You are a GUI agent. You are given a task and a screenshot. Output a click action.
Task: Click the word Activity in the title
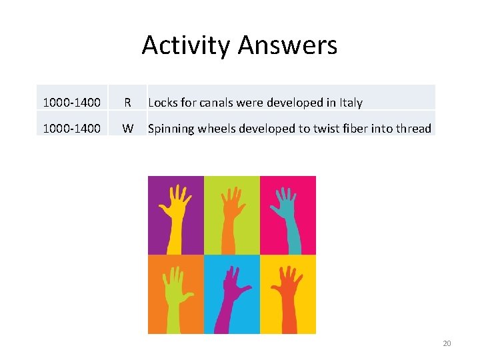coord(187,45)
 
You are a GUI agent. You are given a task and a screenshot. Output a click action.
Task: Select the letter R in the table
coord(127,103)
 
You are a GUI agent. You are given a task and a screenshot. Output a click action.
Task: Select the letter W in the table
coord(127,129)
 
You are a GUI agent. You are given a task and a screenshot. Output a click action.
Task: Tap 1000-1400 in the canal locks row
coord(71,103)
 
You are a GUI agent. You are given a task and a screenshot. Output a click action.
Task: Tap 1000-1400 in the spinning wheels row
coord(71,129)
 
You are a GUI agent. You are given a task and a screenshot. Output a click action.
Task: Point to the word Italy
coord(351,103)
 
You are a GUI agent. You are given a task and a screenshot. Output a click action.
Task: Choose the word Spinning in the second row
coord(170,129)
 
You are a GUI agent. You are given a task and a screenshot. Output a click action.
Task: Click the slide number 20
coord(447,343)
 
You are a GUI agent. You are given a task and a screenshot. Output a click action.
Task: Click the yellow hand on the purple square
coord(175,213)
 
